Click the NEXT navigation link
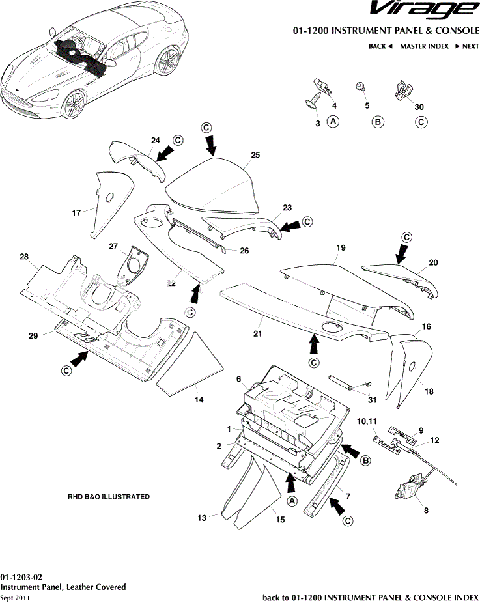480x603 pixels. click(x=466, y=46)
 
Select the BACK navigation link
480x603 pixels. click(x=380, y=46)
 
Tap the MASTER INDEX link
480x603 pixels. click(x=424, y=46)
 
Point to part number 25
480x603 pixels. click(x=255, y=155)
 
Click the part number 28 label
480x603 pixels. click(x=24, y=258)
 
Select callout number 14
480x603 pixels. click(x=199, y=399)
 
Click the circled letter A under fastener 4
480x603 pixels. click(x=333, y=121)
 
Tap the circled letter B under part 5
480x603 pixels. click(x=377, y=122)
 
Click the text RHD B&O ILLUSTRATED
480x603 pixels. click(x=109, y=497)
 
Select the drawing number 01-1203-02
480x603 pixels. click(x=21, y=577)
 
